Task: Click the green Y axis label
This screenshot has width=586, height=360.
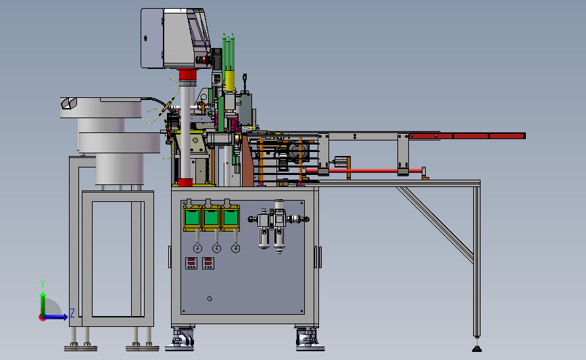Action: click(42, 284)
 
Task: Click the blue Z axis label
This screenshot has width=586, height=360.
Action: click(72, 313)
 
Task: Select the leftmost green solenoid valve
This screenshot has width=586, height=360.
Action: click(192, 217)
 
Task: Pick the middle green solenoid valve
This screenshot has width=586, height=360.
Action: click(211, 217)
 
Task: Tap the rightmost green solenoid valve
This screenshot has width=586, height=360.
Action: click(230, 217)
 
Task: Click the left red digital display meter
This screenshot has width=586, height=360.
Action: click(191, 263)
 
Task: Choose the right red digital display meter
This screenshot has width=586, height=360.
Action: click(208, 263)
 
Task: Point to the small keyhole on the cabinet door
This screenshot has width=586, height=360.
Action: click(210, 299)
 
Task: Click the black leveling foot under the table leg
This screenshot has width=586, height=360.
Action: click(477, 349)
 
